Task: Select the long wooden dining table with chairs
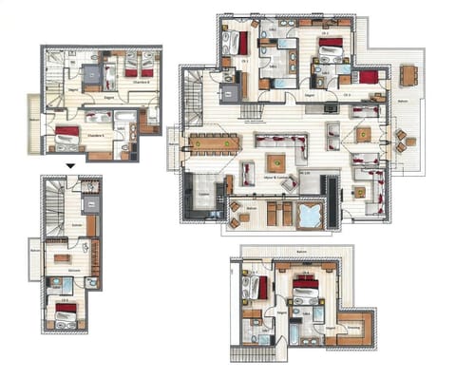click(213, 143)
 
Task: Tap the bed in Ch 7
click(257, 286)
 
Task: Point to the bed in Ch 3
click(369, 77)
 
